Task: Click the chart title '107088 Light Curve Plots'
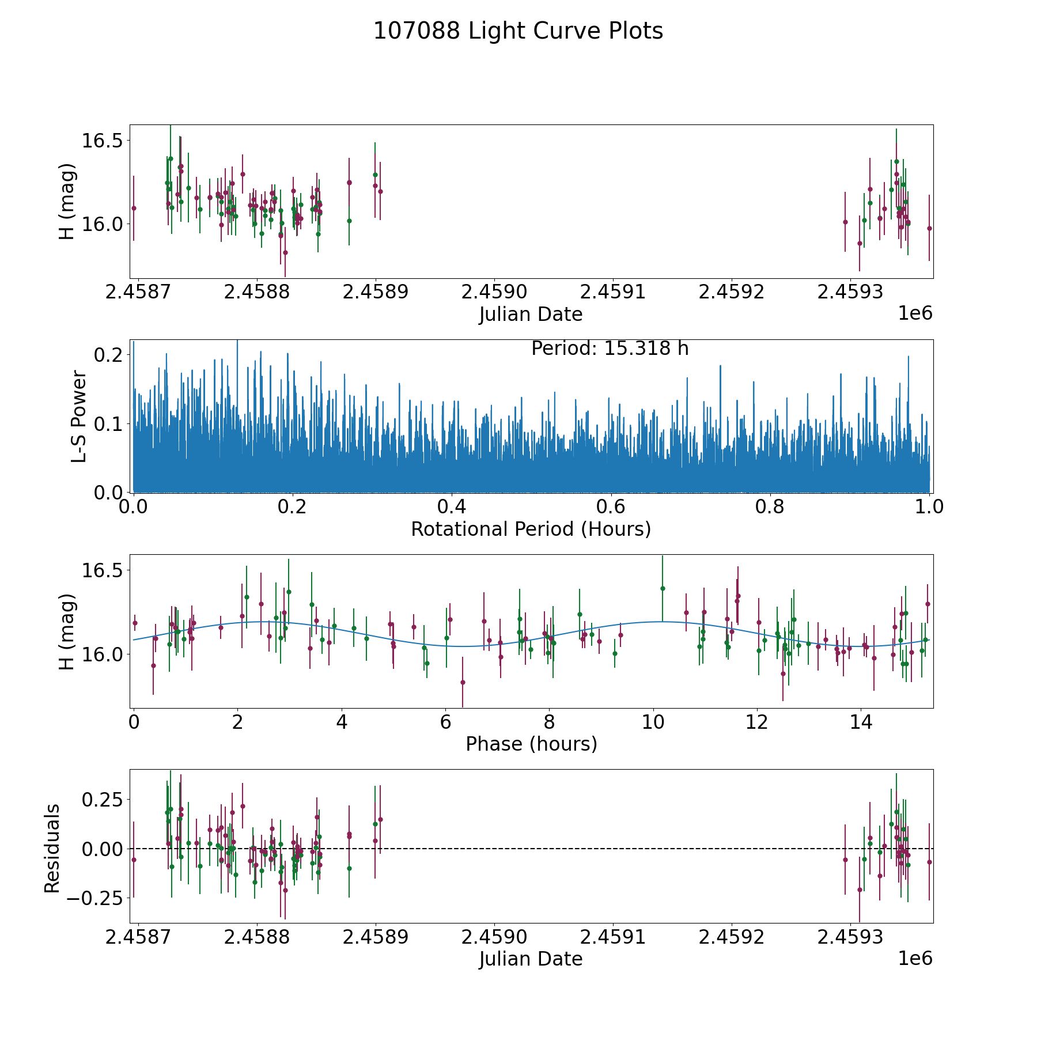click(x=518, y=31)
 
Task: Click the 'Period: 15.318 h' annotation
click(x=610, y=349)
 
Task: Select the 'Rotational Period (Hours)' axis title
click(x=531, y=529)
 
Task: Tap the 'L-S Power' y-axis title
click(x=79, y=417)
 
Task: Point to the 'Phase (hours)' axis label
click(x=531, y=744)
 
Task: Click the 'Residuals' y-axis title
click(x=52, y=849)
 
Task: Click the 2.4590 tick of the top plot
click(x=494, y=292)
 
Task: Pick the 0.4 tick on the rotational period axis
click(x=452, y=508)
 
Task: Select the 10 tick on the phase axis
click(x=653, y=722)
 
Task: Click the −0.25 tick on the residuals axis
click(x=95, y=898)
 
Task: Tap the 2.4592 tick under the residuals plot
click(x=732, y=937)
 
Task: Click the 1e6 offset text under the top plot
click(x=915, y=313)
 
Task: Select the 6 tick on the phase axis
click(x=445, y=722)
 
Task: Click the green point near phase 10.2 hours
click(x=663, y=588)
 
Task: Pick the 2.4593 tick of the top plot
click(x=851, y=292)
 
